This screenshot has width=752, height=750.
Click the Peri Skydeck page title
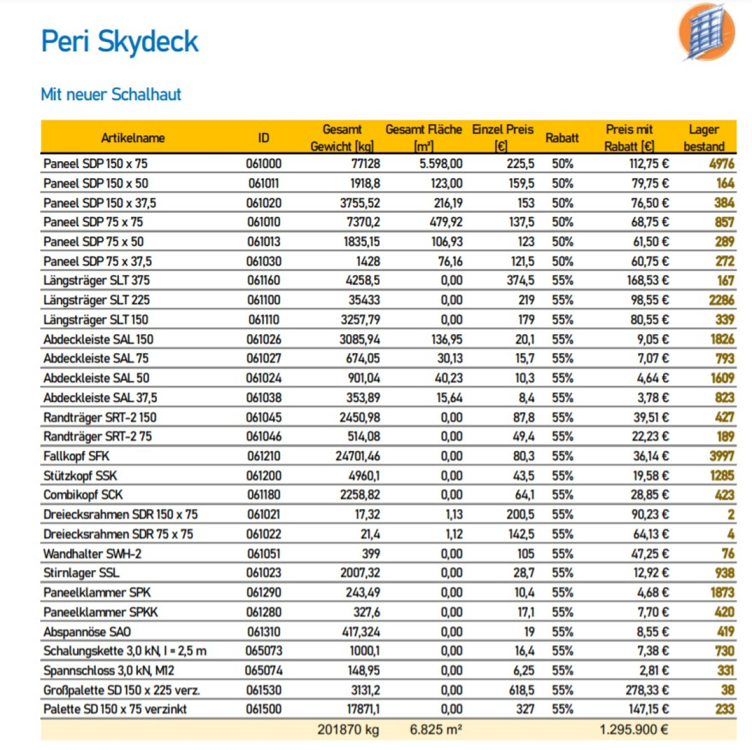pyautogui.click(x=120, y=42)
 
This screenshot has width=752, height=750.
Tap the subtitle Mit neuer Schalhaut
pyautogui.click(x=111, y=95)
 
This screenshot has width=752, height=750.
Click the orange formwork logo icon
pyautogui.click(x=707, y=32)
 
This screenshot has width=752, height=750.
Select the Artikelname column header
pyautogui.click(x=133, y=138)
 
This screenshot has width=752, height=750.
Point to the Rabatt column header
pyautogui.click(x=562, y=138)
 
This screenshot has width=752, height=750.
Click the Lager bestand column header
pyautogui.click(x=704, y=138)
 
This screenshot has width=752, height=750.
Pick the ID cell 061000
pyautogui.click(x=263, y=164)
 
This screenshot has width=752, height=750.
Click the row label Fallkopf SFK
pyautogui.click(x=76, y=456)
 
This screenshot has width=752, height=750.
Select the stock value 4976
pyautogui.click(x=721, y=164)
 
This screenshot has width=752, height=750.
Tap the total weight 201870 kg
pyautogui.click(x=348, y=729)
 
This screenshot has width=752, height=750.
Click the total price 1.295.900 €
pyautogui.click(x=634, y=729)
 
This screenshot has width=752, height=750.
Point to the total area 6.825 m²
pyautogui.click(x=436, y=729)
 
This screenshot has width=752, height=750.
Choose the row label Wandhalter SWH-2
pyautogui.click(x=92, y=554)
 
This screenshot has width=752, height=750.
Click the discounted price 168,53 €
pyautogui.click(x=648, y=280)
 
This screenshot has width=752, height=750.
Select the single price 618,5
pyautogui.click(x=521, y=690)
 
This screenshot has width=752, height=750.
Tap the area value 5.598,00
pyautogui.click(x=441, y=164)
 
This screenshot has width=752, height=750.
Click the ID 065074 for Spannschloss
pyautogui.click(x=263, y=671)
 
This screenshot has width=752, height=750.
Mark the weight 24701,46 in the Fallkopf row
pyautogui.click(x=358, y=456)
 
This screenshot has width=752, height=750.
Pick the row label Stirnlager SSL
pyautogui.click(x=81, y=573)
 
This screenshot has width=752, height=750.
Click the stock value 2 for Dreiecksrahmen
pyautogui.click(x=731, y=514)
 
